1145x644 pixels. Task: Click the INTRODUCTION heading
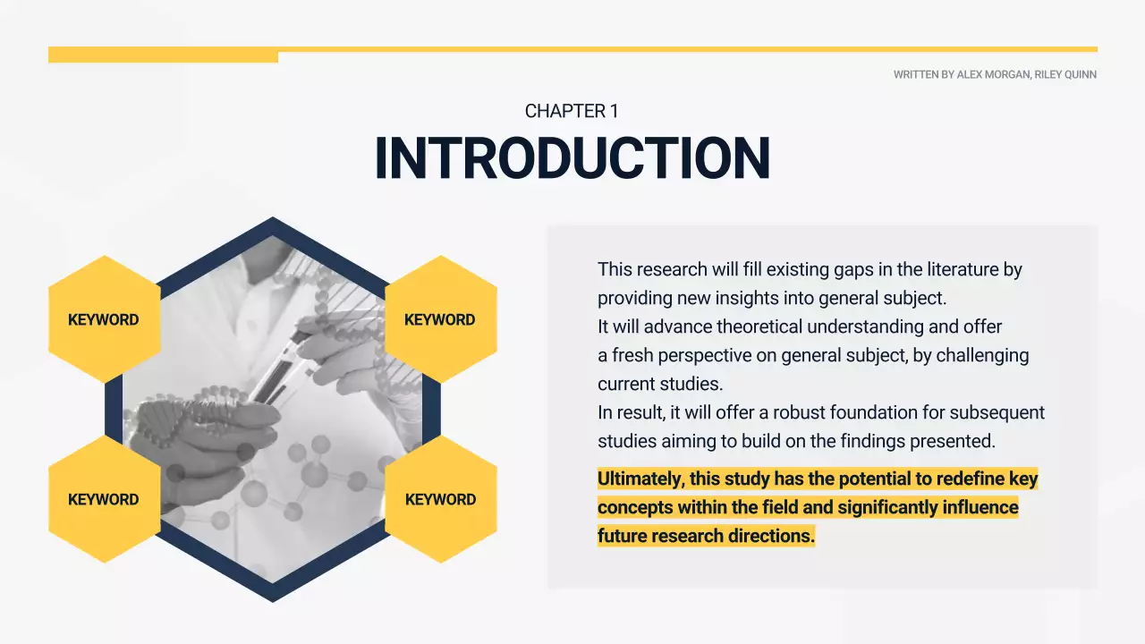pos(572,158)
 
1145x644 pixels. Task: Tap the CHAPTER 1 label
pos(572,111)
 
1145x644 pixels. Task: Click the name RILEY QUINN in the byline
pos(1065,75)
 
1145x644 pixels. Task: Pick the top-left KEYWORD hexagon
pos(104,319)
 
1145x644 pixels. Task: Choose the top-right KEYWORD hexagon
pos(440,319)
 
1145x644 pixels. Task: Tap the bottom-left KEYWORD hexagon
pos(104,499)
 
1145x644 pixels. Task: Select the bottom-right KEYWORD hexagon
pos(440,499)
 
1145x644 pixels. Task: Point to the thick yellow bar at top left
pos(163,55)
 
